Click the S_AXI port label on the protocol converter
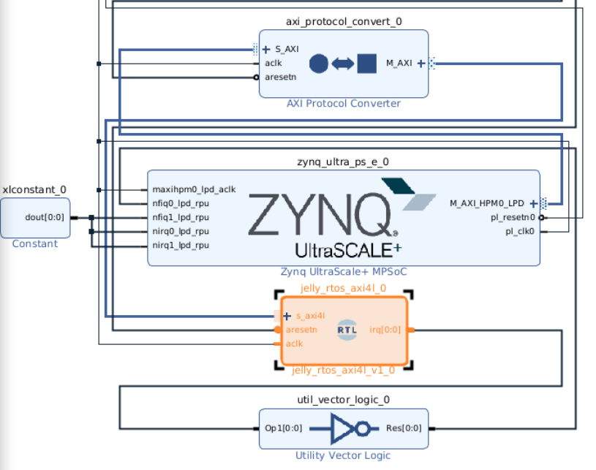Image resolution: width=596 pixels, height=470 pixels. click(x=287, y=49)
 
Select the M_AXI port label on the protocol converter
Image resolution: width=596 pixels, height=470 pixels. click(x=399, y=63)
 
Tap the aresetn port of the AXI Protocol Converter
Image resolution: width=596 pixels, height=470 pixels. click(x=280, y=77)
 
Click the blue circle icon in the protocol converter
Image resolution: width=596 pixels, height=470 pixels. click(x=319, y=64)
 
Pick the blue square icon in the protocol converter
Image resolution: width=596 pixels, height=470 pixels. click(x=367, y=64)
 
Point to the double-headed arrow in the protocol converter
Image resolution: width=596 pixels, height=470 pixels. click(x=343, y=64)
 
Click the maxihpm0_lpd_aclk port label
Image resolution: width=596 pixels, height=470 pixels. click(x=194, y=189)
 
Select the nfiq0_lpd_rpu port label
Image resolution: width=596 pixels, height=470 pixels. click(x=181, y=203)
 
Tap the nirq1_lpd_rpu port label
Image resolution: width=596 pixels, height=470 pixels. click(x=181, y=245)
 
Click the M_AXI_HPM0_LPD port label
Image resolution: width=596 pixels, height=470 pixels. click(x=487, y=203)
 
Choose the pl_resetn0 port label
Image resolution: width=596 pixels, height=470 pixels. click(x=513, y=217)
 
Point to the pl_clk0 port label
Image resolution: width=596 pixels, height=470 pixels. click(x=520, y=231)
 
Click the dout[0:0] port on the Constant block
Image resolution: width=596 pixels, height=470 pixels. click(x=45, y=217)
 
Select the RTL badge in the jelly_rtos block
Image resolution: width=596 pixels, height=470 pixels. click(x=347, y=330)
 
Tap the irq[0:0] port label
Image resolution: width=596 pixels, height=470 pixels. click(x=385, y=330)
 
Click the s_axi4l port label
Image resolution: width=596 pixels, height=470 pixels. click(x=310, y=316)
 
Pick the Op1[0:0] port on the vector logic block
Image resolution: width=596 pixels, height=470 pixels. click(x=283, y=428)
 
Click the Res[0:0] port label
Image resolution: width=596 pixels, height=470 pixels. click(x=404, y=428)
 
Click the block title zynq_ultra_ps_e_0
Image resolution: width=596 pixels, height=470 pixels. click(x=343, y=162)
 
